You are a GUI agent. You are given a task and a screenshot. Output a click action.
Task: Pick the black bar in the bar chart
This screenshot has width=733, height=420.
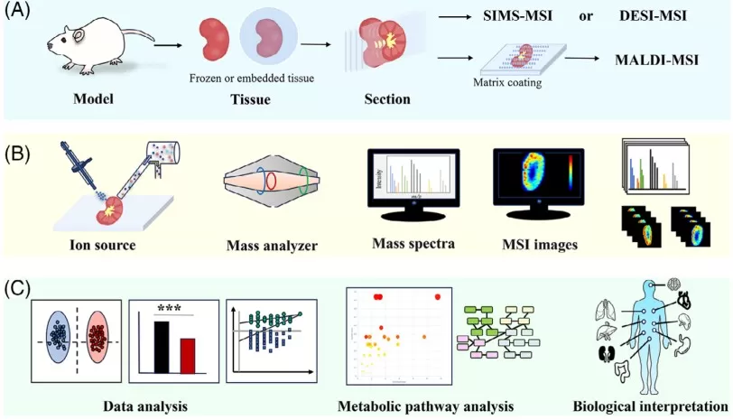click(x=161, y=346)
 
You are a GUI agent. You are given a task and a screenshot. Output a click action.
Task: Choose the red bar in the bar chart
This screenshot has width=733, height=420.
click(x=188, y=354)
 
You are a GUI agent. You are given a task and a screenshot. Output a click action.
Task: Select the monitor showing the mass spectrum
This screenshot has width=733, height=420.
click(x=413, y=181)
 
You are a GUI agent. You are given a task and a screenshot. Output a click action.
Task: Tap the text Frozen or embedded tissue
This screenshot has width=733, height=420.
click(x=252, y=79)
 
